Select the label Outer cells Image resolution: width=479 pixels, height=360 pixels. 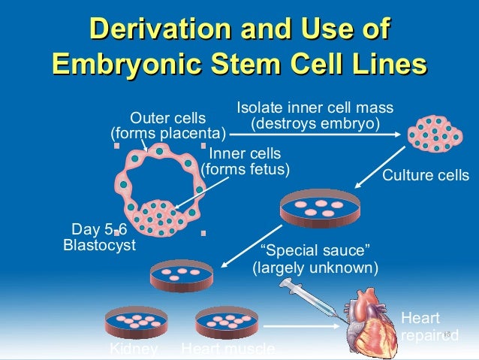click(168, 118)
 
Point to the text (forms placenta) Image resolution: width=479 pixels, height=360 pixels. click(168, 134)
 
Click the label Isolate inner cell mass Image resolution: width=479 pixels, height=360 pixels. click(315, 107)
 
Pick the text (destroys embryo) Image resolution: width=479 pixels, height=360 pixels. click(315, 122)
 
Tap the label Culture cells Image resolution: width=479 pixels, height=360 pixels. click(426, 176)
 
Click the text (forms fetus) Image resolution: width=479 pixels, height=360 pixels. click(246, 169)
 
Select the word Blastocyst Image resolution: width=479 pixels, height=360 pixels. click(98, 245)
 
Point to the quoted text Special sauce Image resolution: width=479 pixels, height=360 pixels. click(315, 250)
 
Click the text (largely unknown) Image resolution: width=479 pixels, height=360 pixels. click(315, 267)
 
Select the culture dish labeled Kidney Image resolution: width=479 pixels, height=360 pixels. click(134, 321)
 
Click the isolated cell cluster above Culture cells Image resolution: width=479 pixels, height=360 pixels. click(435, 135)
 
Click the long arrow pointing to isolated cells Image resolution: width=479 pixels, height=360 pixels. click(315, 135)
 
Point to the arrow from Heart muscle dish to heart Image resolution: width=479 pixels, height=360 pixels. click(300, 326)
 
